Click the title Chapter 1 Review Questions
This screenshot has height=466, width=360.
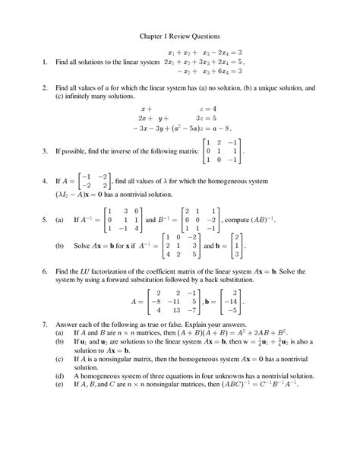click(179, 36)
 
